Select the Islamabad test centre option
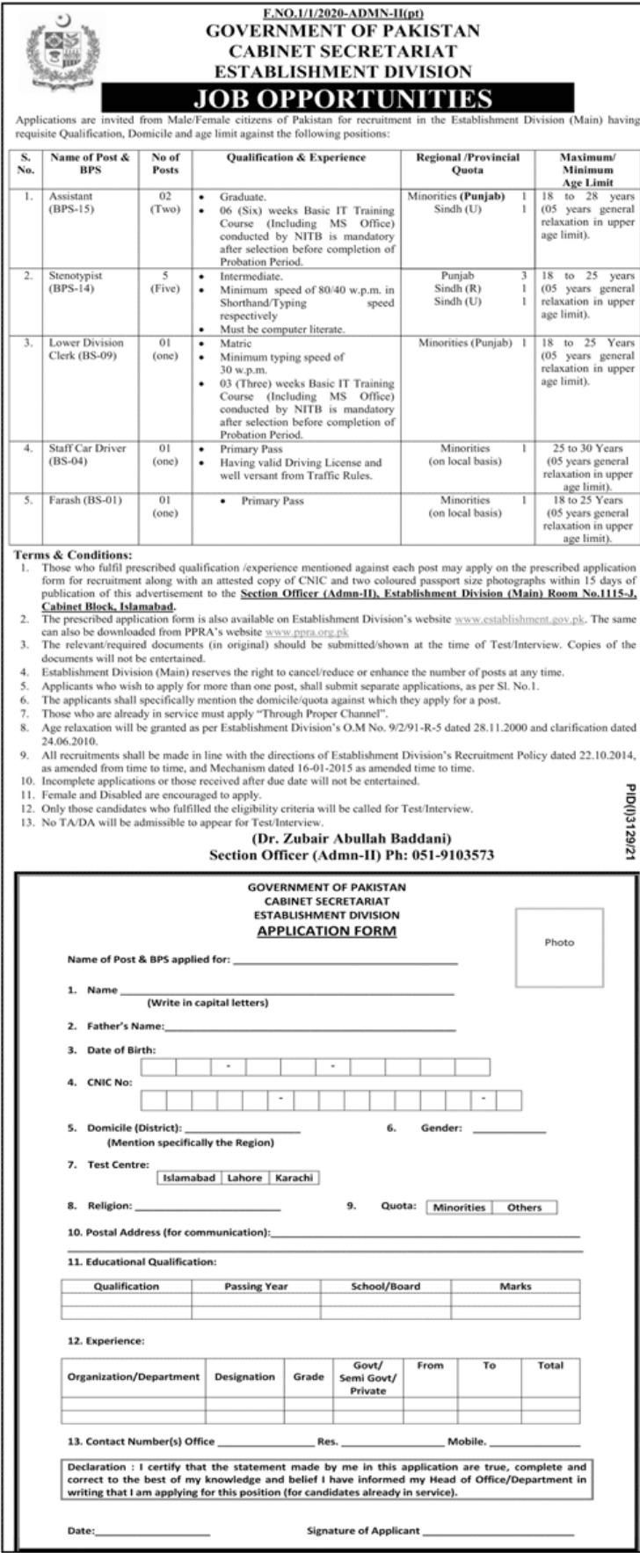tap(187, 1178)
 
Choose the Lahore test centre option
tap(244, 1178)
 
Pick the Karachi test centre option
tap(294, 1178)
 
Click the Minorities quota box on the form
tap(459, 1207)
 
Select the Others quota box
tap(524, 1207)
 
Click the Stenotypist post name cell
tap(75, 281)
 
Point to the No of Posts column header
tap(164, 163)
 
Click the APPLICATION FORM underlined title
tap(326, 931)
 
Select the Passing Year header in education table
tap(256, 1286)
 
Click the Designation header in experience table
tap(244, 1376)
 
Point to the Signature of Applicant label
tap(363, 1530)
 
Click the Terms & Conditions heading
tap(74, 555)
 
